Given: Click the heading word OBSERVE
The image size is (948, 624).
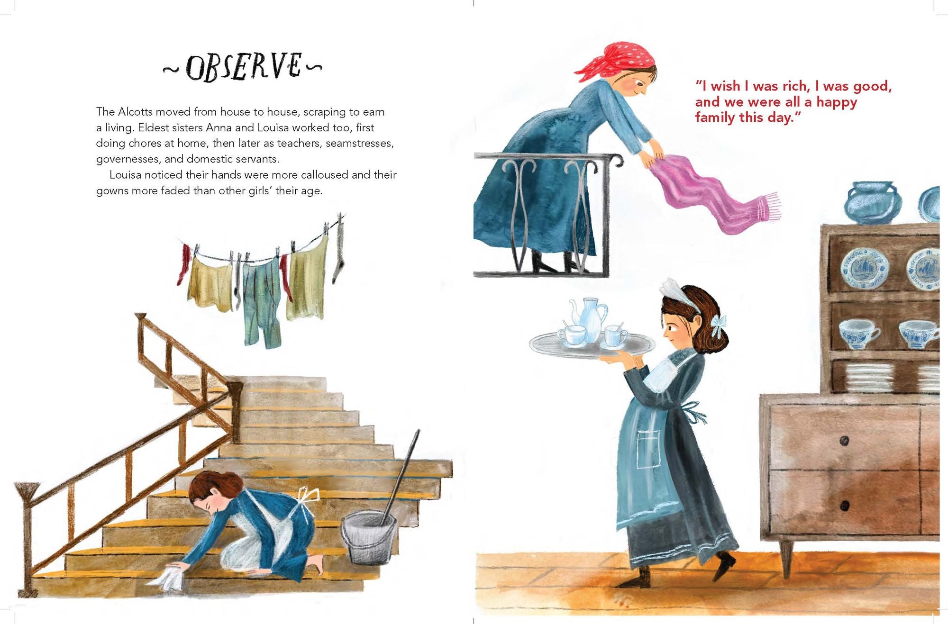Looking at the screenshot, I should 243,67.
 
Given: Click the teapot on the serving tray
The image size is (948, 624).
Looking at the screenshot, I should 590,317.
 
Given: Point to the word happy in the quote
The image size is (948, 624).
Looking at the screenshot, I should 836,102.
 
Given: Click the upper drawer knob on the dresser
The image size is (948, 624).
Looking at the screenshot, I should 844,441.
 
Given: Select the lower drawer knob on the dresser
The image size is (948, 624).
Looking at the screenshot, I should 844,506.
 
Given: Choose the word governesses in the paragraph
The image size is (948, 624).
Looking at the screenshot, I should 128,159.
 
